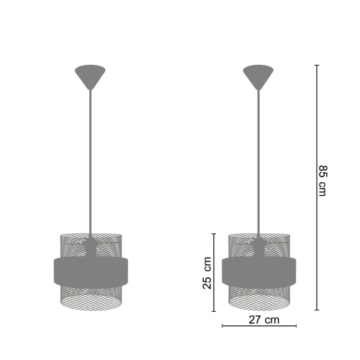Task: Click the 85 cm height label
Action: (x=323, y=181)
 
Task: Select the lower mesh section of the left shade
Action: (x=89, y=297)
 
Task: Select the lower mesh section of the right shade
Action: (x=257, y=297)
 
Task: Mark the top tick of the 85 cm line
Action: (x=317, y=65)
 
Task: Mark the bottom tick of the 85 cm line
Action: (x=317, y=310)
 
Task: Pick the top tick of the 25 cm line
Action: (x=214, y=233)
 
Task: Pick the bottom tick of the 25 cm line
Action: (x=214, y=310)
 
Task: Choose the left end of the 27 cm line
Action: (x=223, y=326)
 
